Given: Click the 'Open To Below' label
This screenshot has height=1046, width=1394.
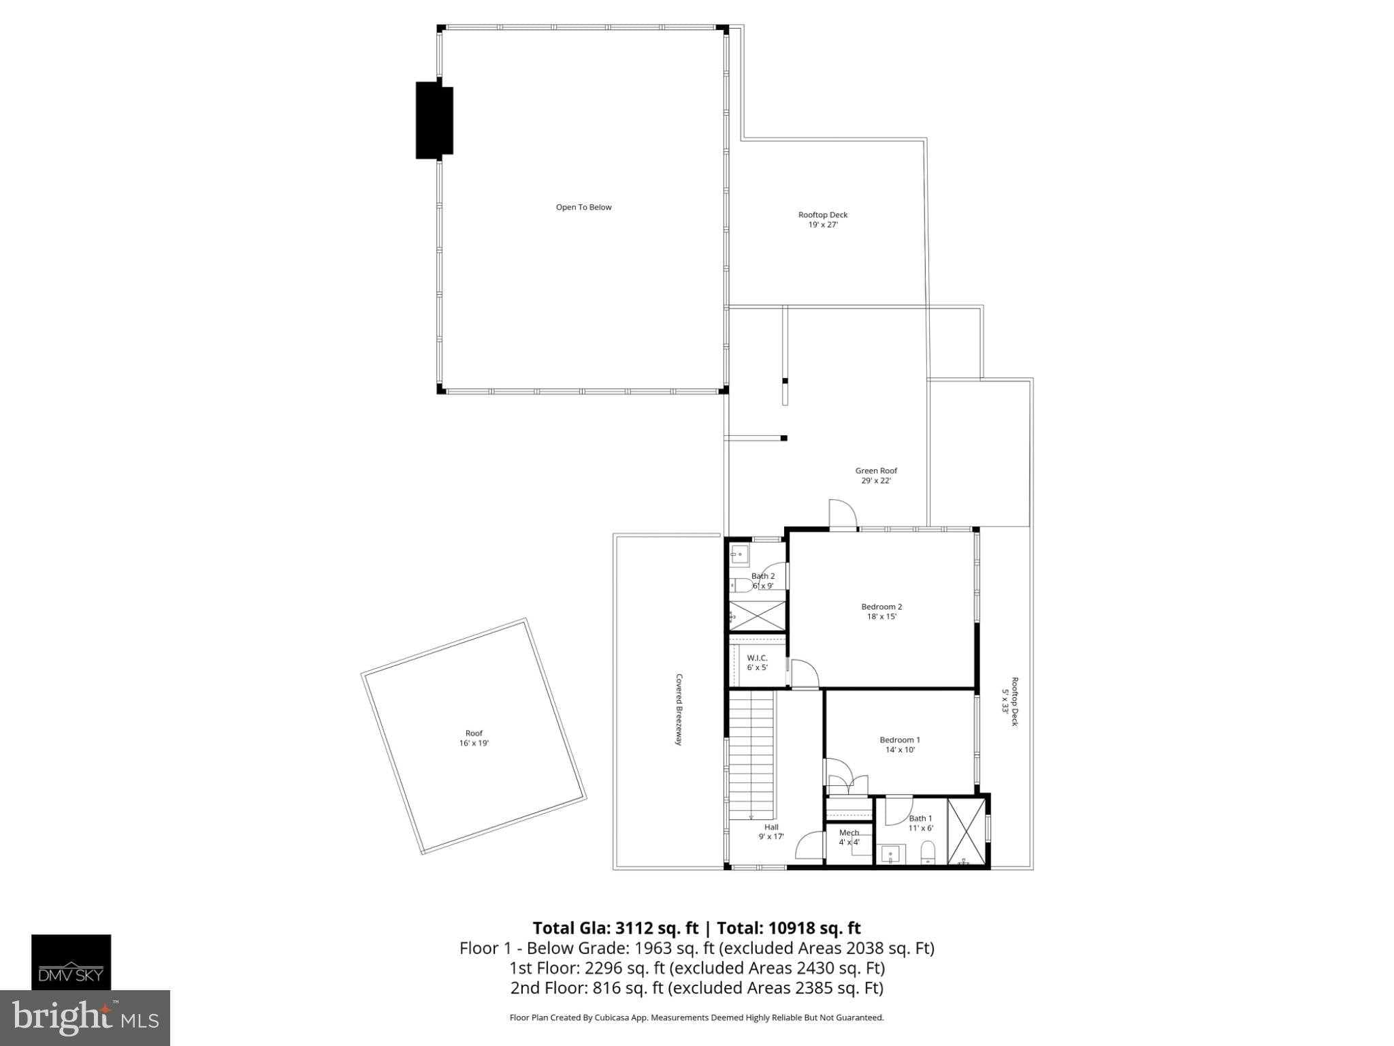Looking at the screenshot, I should click(583, 207).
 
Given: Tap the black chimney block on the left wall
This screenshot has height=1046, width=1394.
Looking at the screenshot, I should click(434, 121).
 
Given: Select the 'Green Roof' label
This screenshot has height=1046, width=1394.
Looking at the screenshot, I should click(876, 471).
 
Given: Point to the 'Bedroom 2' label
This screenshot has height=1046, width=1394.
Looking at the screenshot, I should click(881, 607).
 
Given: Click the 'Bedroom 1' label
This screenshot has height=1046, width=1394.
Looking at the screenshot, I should click(899, 740).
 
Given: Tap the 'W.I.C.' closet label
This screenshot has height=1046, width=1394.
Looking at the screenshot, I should click(757, 658).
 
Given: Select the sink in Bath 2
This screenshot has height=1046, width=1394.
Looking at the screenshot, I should click(739, 555).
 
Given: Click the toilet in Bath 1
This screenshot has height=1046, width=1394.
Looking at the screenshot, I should click(928, 853).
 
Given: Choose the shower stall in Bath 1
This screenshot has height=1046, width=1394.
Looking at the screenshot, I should click(966, 832).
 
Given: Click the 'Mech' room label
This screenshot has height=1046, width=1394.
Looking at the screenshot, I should click(849, 832).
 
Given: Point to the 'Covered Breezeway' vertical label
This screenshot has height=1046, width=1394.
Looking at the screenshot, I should click(679, 710).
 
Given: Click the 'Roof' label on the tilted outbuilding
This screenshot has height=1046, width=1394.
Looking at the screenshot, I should click(474, 733).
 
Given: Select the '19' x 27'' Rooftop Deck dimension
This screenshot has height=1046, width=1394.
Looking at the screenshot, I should click(823, 224).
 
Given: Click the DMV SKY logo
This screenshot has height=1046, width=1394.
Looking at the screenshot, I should click(71, 962).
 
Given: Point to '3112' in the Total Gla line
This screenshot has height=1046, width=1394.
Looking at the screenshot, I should click(637, 928).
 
